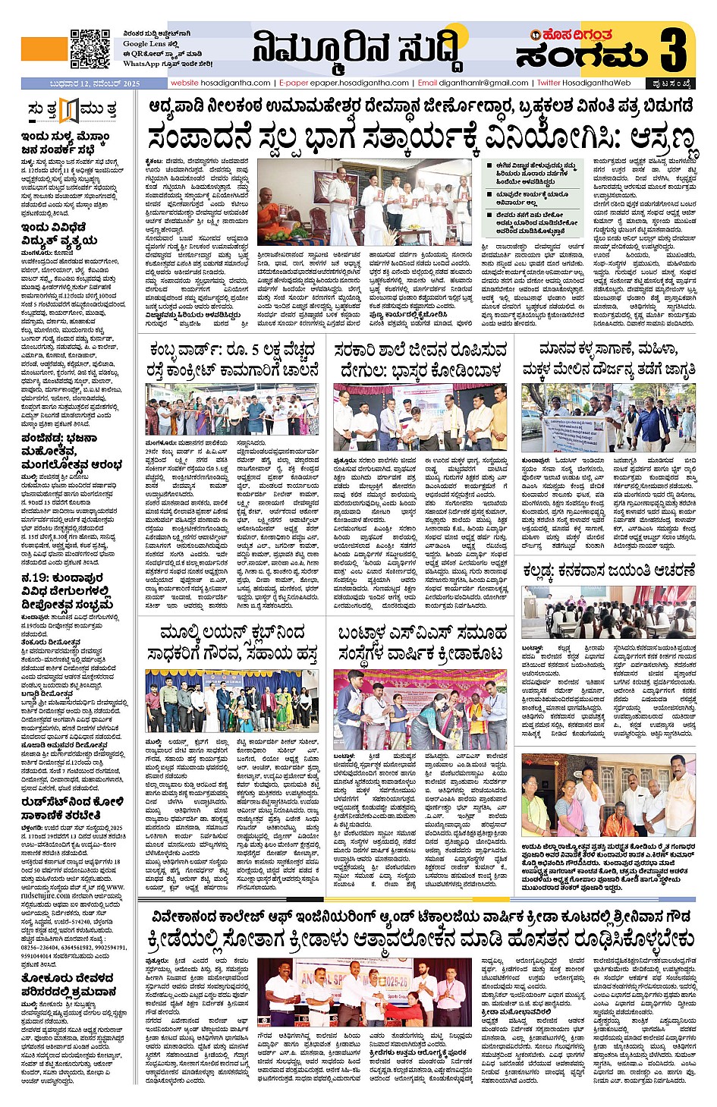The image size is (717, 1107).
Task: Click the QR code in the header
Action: point(90,49)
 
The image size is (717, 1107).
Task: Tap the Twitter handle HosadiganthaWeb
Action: point(585,83)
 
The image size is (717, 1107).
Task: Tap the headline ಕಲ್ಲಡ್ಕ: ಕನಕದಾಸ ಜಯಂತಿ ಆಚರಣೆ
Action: point(609,571)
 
